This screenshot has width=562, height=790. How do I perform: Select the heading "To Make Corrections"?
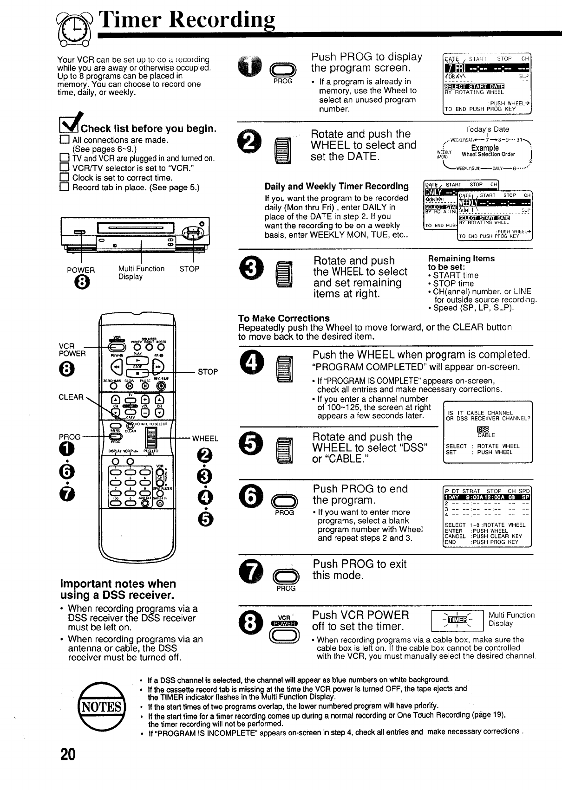284,318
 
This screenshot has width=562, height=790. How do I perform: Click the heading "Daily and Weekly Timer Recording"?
337,187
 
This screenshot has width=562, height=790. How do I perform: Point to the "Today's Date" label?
487,130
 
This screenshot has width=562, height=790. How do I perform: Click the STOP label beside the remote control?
208,372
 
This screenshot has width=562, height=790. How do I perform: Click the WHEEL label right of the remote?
205,438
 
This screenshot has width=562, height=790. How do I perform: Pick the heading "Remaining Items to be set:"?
461,263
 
